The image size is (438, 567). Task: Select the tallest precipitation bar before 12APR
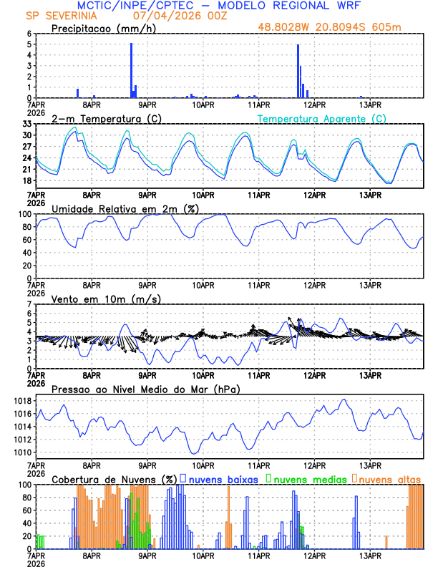coord(298,72)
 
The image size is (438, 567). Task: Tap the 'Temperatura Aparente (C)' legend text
coord(322,118)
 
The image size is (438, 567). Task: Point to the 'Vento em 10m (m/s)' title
coord(106,299)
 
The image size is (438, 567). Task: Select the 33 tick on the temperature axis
coord(26,124)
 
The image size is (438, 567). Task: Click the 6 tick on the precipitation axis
coord(29,34)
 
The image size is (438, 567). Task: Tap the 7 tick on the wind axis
coord(29,304)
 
